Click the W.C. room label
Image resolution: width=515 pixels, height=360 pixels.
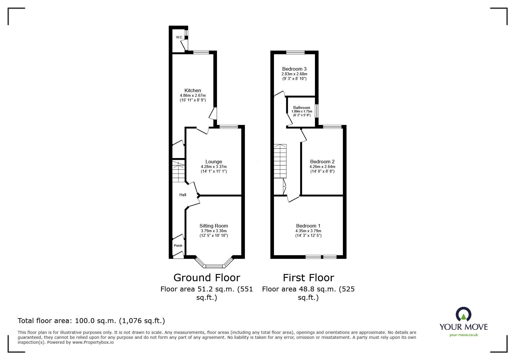point(179,37)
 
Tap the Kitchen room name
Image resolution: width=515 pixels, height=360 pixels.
point(193,91)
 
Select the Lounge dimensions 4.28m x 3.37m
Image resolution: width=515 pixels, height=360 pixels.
point(213,167)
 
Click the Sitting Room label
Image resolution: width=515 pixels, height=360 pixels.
point(213,226)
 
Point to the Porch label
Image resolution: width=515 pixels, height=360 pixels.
point(178,246)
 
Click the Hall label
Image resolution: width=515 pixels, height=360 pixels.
point(183,195)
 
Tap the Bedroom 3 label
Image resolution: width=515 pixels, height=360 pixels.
point(294,69)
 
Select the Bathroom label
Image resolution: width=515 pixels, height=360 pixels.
point(302,108)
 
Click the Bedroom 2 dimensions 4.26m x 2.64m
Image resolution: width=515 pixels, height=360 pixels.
point(322,167)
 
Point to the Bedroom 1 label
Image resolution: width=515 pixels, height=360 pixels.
point(308,226)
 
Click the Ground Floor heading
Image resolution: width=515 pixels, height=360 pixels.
point(207,278)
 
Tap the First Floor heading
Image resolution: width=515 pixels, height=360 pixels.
point(308,278)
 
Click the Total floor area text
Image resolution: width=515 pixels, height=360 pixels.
point(91,321)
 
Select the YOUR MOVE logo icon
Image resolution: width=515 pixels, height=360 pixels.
point(463,314)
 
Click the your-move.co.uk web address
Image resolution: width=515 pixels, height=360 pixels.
point(464,335)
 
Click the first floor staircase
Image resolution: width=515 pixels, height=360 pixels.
point(280,161)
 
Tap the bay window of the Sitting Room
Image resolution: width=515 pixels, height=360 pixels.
point(214,265)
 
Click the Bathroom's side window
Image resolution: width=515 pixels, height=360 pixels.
point(317,111)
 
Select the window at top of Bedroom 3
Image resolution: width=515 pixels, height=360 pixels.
point(295,53)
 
